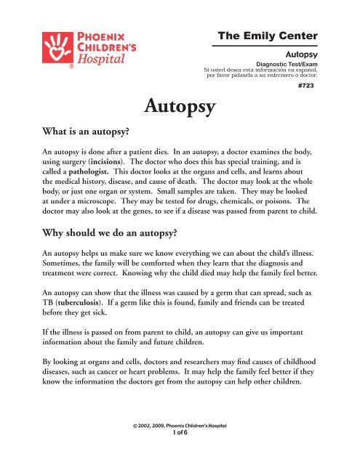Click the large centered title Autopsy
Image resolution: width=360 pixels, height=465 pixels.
tap(180, 109)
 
